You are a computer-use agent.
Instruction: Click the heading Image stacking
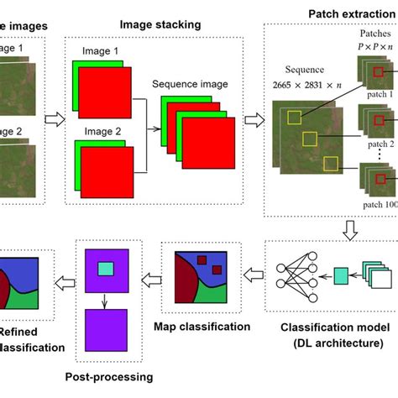[160, 25]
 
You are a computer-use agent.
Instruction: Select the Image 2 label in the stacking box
[102, 132]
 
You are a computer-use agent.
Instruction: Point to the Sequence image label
[187, 85]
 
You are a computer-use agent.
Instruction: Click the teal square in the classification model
[340, 275]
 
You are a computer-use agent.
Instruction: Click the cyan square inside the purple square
[104, 269]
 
